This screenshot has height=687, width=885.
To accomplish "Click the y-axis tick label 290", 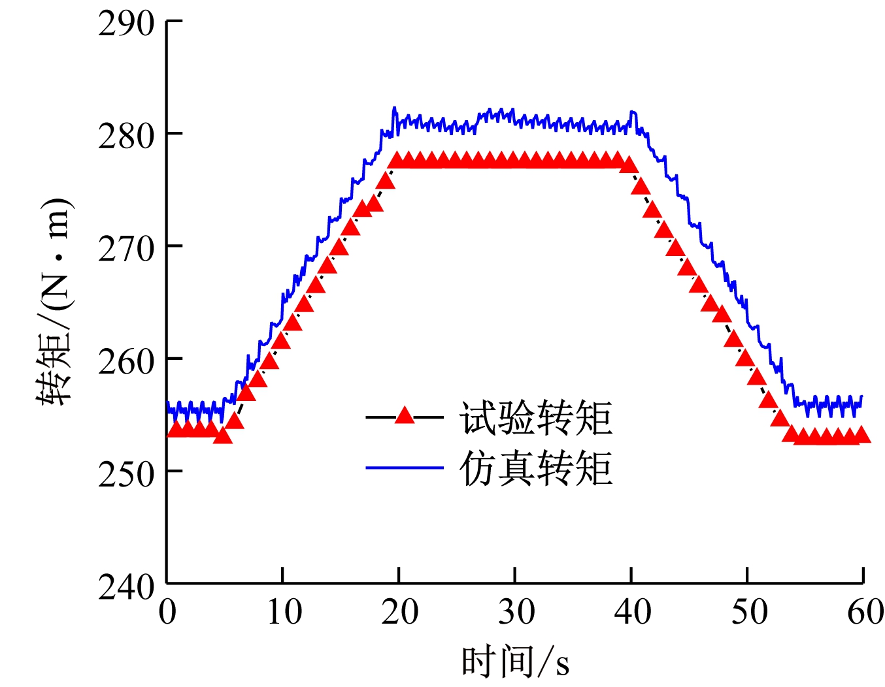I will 126,24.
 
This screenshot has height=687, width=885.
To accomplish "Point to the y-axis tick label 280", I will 126,136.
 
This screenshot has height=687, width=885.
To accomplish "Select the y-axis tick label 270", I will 126,249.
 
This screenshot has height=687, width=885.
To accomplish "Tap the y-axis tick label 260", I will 126,361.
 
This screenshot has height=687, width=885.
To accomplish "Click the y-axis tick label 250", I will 126,474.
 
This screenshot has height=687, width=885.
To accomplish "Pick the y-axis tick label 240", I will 126,586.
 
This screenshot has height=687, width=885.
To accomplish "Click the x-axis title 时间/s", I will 515,662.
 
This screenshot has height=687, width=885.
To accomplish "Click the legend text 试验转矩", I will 535,417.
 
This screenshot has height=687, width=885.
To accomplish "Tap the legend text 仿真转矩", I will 535,468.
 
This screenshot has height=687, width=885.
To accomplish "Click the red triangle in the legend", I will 405,416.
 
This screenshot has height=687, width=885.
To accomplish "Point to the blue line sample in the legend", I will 405,468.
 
